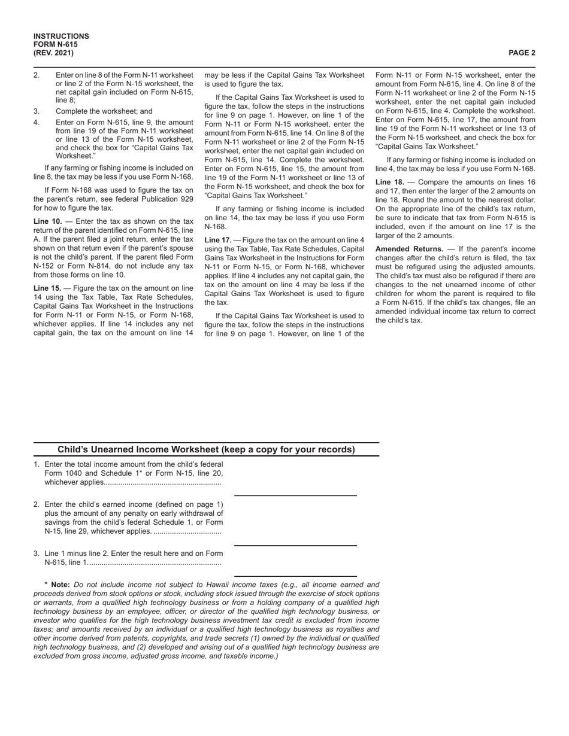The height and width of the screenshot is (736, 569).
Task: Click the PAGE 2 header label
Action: pos(522,53)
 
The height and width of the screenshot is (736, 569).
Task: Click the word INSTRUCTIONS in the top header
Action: pos(61,37)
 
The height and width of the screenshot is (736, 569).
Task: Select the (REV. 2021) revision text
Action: pos(54,53)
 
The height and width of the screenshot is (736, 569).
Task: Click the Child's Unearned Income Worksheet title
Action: pos(206,450)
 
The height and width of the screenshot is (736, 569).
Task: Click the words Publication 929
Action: pos(165,199)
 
